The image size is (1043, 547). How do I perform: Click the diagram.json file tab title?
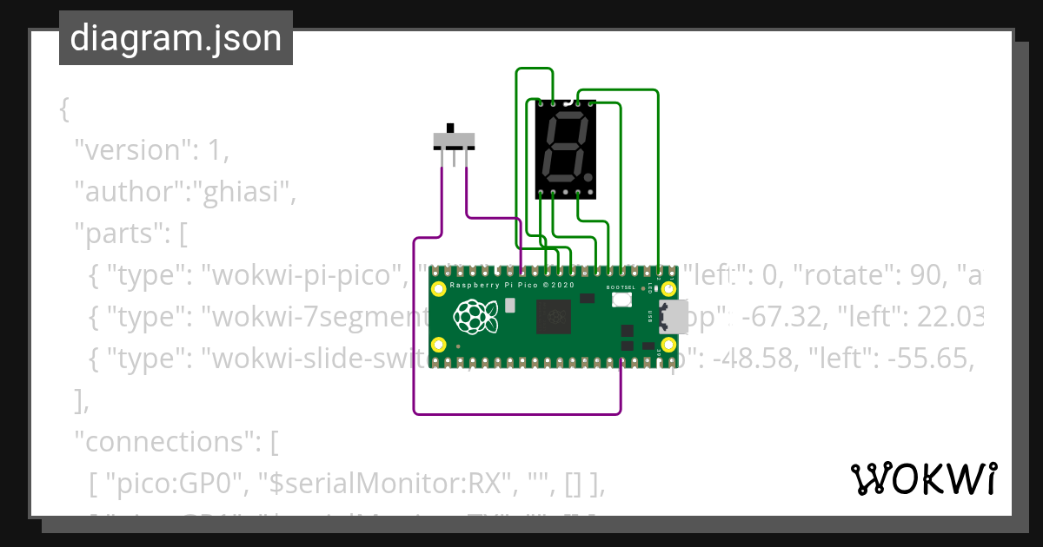[176, 38]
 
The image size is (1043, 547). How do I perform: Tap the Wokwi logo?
[923, 478]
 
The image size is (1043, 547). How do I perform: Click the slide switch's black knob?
[451, 129]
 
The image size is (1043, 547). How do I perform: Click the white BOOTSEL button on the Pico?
[621, 300]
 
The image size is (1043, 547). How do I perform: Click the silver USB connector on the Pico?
[673, 317]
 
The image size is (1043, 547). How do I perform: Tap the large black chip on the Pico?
[554, 316]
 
